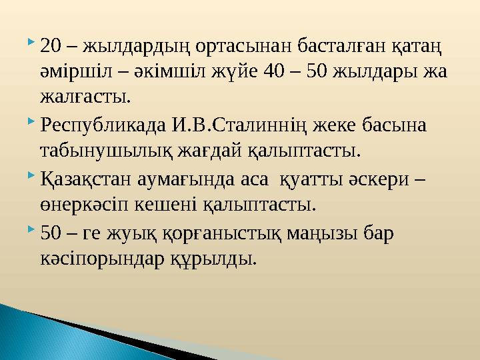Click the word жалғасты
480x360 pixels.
click(x=84, y=98)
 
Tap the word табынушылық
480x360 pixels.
click(x=107, y=150)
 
